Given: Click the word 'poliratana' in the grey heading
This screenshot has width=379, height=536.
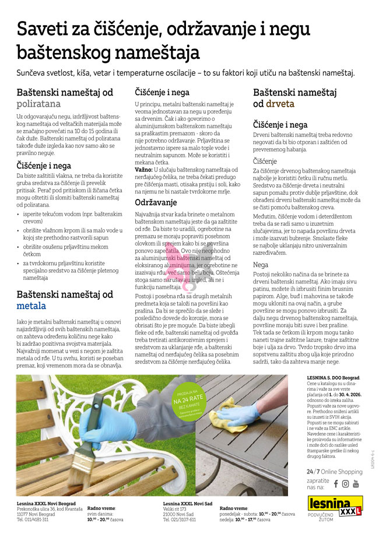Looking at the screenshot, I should coord(38,104).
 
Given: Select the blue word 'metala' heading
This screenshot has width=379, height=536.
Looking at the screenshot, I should coord(31,306).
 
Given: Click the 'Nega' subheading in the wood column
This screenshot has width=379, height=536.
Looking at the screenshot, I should coord(261,264).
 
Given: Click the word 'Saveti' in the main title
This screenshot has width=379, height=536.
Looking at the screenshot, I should coord(45,29).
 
